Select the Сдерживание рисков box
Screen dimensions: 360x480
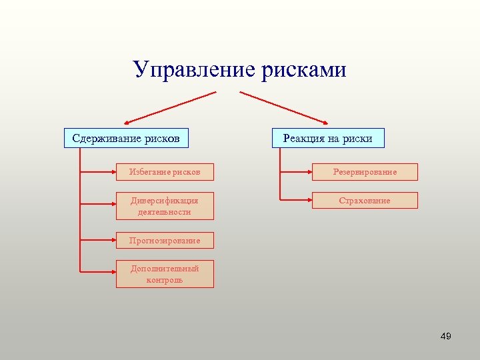[126, 138]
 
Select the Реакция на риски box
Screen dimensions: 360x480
[328, 138]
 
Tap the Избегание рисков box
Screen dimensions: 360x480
[165, 172]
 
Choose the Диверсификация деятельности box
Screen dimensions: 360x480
[165, 206]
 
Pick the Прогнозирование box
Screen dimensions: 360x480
[165, 240]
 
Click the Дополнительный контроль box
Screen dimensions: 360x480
[165, 274]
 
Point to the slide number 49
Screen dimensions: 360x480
[446, 337]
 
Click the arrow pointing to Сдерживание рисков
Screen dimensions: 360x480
[171, 107]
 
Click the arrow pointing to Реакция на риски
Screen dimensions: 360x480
[284, 107]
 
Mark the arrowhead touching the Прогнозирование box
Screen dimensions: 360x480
[113, 240]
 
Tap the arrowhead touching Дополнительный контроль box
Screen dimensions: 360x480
[113, 272]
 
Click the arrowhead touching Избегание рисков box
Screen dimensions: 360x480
[113, 172]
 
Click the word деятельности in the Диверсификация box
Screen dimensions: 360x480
[165, 212]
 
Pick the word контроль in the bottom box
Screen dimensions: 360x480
[165, 280]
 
